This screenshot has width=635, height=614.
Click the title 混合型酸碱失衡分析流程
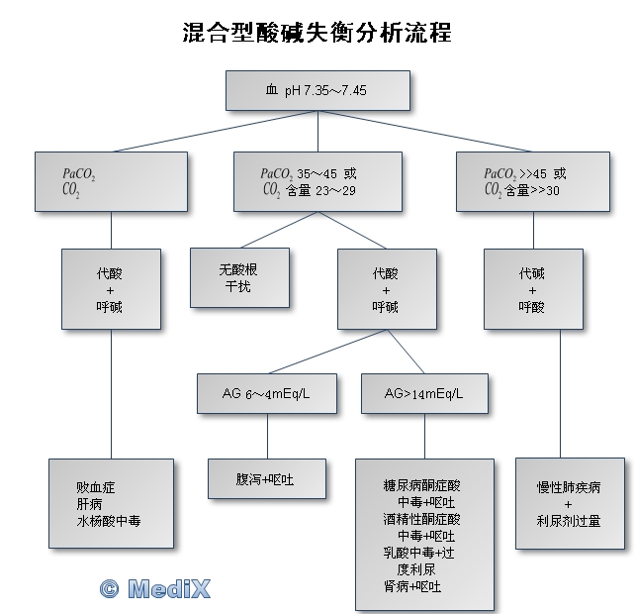[317, 33]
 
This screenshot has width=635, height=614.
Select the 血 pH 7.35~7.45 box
[317, 90]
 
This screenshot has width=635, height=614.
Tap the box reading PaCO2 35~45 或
[317, 180]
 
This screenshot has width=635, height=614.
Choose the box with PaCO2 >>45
[533, 180]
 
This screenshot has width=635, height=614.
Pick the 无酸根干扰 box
[239, 277]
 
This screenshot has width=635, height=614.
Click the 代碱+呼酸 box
[532, 289]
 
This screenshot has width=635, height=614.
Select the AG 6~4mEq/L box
[267, 394]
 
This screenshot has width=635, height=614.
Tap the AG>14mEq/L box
[424, 394]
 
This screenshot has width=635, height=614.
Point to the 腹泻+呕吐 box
[266, 479]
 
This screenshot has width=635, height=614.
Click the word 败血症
[96, 487]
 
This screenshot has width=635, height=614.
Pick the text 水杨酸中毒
[109, 519]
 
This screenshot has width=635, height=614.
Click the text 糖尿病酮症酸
[422, 485]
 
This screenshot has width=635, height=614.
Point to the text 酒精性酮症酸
[422, 519]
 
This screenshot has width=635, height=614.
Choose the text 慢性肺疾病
[569, 487]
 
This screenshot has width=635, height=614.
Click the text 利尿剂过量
[569, 521]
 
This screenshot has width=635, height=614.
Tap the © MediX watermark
[154, 588]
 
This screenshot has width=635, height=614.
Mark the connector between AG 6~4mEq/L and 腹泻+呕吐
[267, 437]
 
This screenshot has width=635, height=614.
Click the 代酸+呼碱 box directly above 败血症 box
[111, 289]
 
